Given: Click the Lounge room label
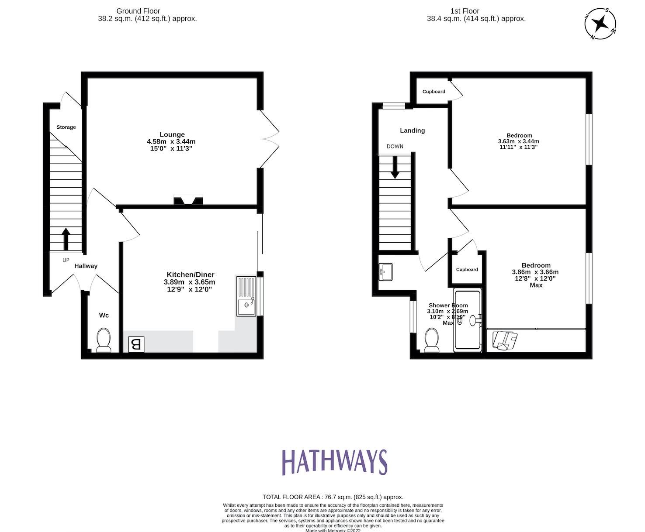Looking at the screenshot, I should click(172, 134).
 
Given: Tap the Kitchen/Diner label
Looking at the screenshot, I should click(189, 275).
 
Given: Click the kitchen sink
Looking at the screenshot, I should click(247, 296).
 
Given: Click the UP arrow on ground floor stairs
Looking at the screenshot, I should click(66, 238).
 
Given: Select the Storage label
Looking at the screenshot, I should click(66, 127).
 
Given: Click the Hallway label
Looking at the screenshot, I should click(86, 266).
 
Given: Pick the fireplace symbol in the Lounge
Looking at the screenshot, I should click(188, 201).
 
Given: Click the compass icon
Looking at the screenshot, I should click(600, 23).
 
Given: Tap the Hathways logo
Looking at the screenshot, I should click(334, 462).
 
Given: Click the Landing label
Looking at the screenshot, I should click(412, 130).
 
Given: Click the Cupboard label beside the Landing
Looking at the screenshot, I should click(433, 92).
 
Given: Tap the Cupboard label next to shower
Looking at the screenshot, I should click(467, 269).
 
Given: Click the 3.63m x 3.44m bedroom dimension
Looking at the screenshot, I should click(518, 141).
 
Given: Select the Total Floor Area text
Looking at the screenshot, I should click(333, 497).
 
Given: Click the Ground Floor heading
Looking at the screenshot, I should click(138, 11).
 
